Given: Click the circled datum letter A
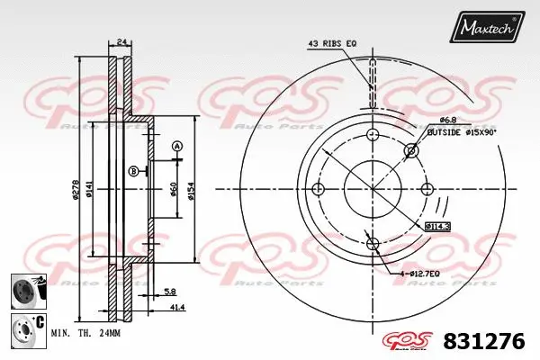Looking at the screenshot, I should (x=176, y=146).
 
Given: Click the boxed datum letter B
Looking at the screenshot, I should (x=133, y=171).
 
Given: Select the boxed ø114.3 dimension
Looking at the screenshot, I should (x=439, y=226).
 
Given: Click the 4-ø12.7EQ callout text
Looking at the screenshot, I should (x=416, y=272).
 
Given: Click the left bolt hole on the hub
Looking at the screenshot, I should (x=317, y=188).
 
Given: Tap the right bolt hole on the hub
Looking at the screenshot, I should (x=427, y=188).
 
